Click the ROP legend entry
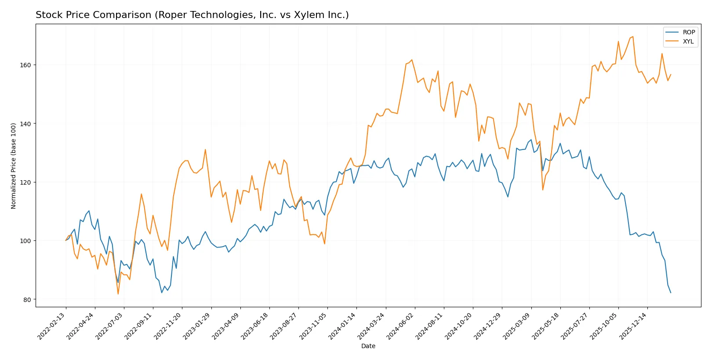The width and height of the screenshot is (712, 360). click(688, 32)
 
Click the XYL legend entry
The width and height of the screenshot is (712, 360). click(688, 42)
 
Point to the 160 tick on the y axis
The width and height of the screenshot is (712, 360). click(25, 65)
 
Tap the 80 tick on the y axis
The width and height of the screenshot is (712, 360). click(27, 300)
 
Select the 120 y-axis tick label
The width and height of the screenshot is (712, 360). click(25, 182)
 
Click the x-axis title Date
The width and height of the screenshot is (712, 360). click(368, 346)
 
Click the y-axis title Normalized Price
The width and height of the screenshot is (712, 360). click(14, 166)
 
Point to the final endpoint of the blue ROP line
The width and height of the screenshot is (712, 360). click(671, 293)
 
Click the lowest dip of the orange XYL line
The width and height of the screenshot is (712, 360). click(118, 294)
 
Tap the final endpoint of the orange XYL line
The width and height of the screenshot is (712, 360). click(671, 75)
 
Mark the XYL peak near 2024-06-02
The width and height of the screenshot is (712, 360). click(411, 60)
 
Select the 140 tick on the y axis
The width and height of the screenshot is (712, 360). click(25, 124)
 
